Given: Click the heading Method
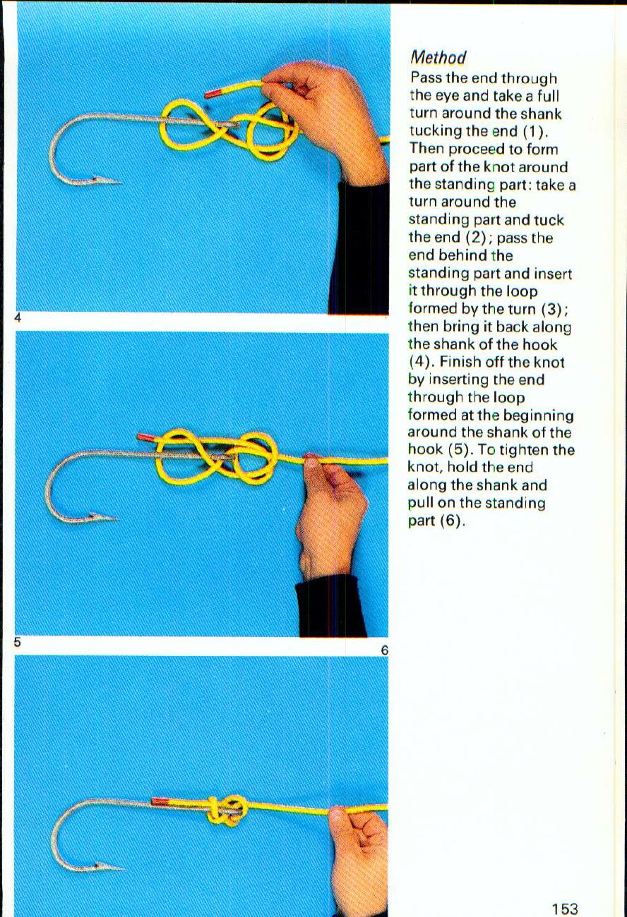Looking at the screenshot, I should (x=438, y=57).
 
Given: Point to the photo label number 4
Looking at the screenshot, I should (x=19, y=318).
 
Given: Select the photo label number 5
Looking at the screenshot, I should (x=19, y=643).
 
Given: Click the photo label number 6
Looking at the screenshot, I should (x=384, y=650).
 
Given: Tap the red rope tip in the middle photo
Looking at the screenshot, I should (x=146, y=438).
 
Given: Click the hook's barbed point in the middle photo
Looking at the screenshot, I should (x=109, y=518).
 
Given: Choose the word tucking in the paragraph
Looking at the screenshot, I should (x=434, y=131).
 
